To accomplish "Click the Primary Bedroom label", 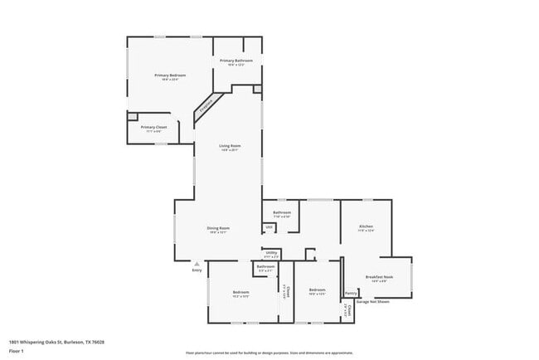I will [x=170, y=75].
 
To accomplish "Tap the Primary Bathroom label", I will [x=236, y=61].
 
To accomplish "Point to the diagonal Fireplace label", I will [x=206, y=105].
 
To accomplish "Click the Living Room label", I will [x=230, y=146].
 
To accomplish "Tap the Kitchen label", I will [x=366, y=226].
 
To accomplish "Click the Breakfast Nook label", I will [x=379, y=276].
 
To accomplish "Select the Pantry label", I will [x=351, y=292].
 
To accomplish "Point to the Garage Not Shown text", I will [x=371, y=301].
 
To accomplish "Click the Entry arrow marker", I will [x=197, y=262].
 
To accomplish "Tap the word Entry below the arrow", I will [x=197, y=270].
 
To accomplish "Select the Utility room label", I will [x=271, y=252].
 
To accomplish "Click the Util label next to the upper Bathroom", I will [x=269, y=226].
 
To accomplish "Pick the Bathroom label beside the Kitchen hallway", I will [x=282, y=212].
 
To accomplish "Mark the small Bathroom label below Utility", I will [x=265, y=266].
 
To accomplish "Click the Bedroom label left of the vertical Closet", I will [x=240, y=292].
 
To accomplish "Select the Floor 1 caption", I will [x=17, y=351].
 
